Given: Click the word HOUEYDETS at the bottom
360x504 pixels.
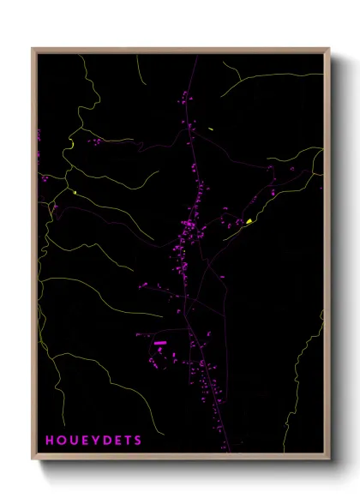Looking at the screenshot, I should point(94,441).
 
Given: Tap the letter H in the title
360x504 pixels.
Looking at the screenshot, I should point(51,441).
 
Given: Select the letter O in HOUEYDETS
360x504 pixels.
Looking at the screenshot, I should point(62,441).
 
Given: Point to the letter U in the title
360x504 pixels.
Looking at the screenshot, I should point(73,441).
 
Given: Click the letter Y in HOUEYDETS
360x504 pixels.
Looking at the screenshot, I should point(94,441).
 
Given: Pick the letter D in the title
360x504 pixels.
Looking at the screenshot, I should point(105,441).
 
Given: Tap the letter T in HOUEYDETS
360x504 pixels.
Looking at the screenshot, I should point(127,441).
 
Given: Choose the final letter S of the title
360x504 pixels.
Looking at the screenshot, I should point(137,441).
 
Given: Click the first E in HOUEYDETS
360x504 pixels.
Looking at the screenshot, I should point(84,441).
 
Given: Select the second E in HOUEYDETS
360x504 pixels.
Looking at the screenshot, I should point(117,441).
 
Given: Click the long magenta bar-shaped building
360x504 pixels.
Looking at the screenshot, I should point(159,343).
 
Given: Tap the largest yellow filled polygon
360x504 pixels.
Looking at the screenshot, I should point(249,221).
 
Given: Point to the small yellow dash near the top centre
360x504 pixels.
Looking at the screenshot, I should point(210,129).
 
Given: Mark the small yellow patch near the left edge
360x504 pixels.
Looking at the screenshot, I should point(75,193).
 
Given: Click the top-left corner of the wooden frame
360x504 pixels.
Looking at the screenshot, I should point(33,49).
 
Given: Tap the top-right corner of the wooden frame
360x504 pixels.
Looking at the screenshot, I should point(329,49).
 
